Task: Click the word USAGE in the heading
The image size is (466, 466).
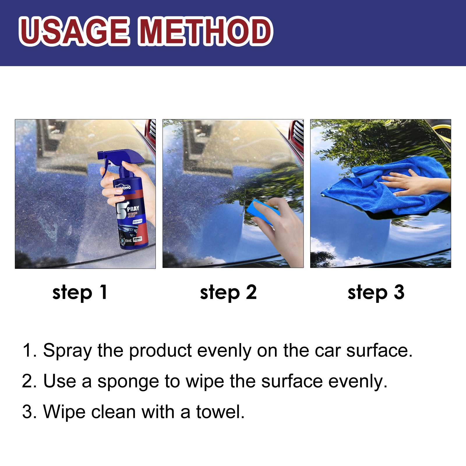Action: pyautogui.click(x=74, y=31)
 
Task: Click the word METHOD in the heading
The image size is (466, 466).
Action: pyautogui.click(x=205, y=31)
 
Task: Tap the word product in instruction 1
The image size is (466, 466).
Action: pyautogui.click(x=160, y=351)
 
